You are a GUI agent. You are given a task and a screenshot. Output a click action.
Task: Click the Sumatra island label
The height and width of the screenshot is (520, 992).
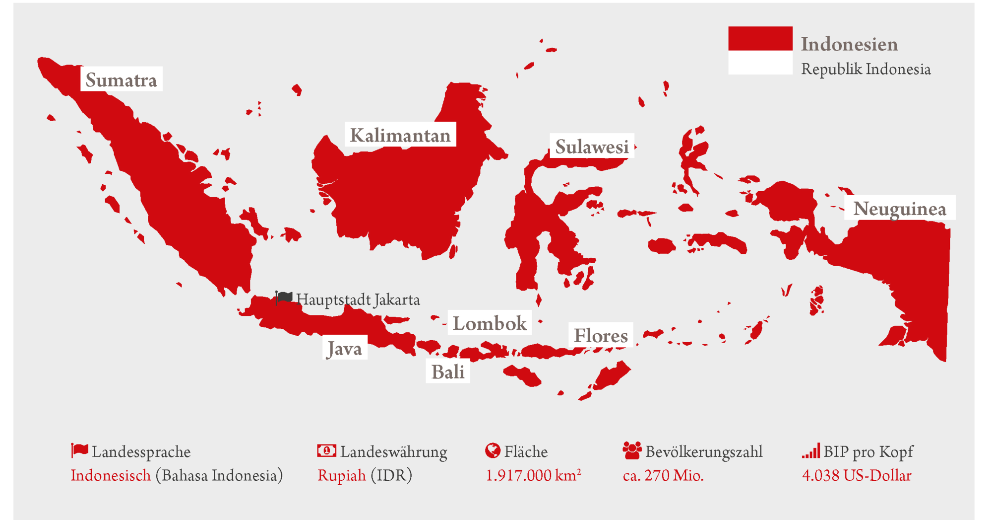tap(121, 79)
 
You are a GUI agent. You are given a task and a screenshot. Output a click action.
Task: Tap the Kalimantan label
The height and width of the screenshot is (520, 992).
tap(400, 135)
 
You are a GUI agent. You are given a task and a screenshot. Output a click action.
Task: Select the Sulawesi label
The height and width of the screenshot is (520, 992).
tap(592, 147)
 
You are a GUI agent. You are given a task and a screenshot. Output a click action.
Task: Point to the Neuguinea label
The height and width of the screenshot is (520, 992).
tap(899, 209)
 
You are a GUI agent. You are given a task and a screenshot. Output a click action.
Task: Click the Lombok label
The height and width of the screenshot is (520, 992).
tap(490, 323)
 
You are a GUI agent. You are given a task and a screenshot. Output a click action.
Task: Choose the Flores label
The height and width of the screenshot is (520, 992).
tap(601, 336)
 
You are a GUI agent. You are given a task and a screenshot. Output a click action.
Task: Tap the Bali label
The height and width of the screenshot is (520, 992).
tap(447, 371)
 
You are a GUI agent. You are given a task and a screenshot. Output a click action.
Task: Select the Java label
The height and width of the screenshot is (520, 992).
tap(345, 348)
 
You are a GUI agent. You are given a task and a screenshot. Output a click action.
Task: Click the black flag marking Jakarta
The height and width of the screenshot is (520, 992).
tap(284, 298)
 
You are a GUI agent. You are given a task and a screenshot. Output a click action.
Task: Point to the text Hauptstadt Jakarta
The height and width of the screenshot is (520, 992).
tap(358, 300)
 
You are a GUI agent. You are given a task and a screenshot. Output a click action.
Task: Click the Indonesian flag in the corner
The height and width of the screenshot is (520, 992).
tap(760, 51)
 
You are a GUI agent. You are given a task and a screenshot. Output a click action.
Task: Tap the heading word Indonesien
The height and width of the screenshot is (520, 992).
tap(849, 44)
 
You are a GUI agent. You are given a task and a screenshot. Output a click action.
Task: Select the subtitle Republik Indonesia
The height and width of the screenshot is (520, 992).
tap(866, 69)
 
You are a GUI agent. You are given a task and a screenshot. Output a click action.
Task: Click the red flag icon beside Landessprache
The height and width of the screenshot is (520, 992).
tap(79, 450)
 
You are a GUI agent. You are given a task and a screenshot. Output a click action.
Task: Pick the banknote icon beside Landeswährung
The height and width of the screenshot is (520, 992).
tap(326, 450)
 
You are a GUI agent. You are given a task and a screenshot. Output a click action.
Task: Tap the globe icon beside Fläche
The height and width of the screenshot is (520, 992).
tap(492, 450)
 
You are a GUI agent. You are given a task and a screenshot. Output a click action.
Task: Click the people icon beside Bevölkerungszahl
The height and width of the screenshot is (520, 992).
tap(631, 450)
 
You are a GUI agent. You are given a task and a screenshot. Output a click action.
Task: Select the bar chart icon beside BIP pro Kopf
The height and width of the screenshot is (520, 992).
tap(811, 451)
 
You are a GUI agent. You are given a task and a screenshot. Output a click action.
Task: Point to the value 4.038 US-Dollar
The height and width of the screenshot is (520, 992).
tap(857, 476)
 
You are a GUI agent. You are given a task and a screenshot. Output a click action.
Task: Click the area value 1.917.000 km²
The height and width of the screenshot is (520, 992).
tap(533, 476)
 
